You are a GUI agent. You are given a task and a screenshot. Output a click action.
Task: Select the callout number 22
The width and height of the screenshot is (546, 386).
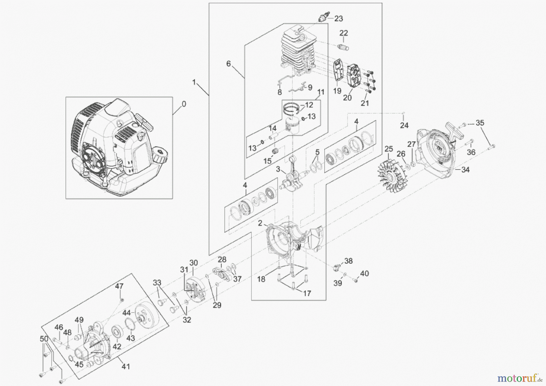pyautogui.click(x=343, y=33)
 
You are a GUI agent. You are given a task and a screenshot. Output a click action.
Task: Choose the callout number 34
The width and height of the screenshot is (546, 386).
pyautogui.click(x=465, y=170)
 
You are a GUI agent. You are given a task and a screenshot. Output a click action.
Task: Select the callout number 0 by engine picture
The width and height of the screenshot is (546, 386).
pyautogui.click(x=184, y=104)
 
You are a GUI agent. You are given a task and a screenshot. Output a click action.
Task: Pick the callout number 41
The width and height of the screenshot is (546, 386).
pyautogui.click(x=126, y=367)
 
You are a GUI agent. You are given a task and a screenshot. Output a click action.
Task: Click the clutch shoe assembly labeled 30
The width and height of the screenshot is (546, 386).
pyautogui.click(x=195, y=288)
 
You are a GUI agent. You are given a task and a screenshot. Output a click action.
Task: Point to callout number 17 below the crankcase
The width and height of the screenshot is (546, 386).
pyautogui.click(x=307, y=293)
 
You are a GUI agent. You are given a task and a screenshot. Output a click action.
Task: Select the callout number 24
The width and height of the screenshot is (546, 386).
pyautogui.click(x=404, y=125)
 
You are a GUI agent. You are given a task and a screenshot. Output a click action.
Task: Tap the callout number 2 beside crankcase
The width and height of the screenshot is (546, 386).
pyautogui.click(x=260, y=223)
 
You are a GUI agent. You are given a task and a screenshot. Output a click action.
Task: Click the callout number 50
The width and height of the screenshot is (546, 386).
pyautogui.click(x=44, y=339)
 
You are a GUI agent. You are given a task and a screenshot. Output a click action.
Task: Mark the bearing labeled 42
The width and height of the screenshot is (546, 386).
pyautogui.click(x=117, y=333)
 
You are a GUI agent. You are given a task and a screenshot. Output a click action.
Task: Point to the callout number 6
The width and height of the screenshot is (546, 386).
pyautogui.click(x=228, y=64)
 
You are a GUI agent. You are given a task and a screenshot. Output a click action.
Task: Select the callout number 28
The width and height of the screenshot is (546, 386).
pyautogui.click(x=222, y=259)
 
